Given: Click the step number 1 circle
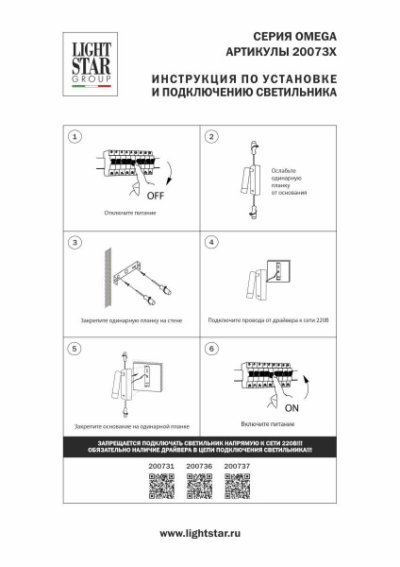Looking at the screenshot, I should point(74,138).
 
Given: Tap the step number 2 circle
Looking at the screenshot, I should point(211,138).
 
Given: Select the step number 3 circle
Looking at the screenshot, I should point(74,243).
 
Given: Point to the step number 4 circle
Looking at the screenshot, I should point(211,243).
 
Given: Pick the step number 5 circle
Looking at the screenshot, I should point(74,349).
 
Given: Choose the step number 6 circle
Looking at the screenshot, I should point(211,349).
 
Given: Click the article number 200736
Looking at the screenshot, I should point(198,466).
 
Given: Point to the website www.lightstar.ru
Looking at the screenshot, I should point(199,534).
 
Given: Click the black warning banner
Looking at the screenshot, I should point(199,447).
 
